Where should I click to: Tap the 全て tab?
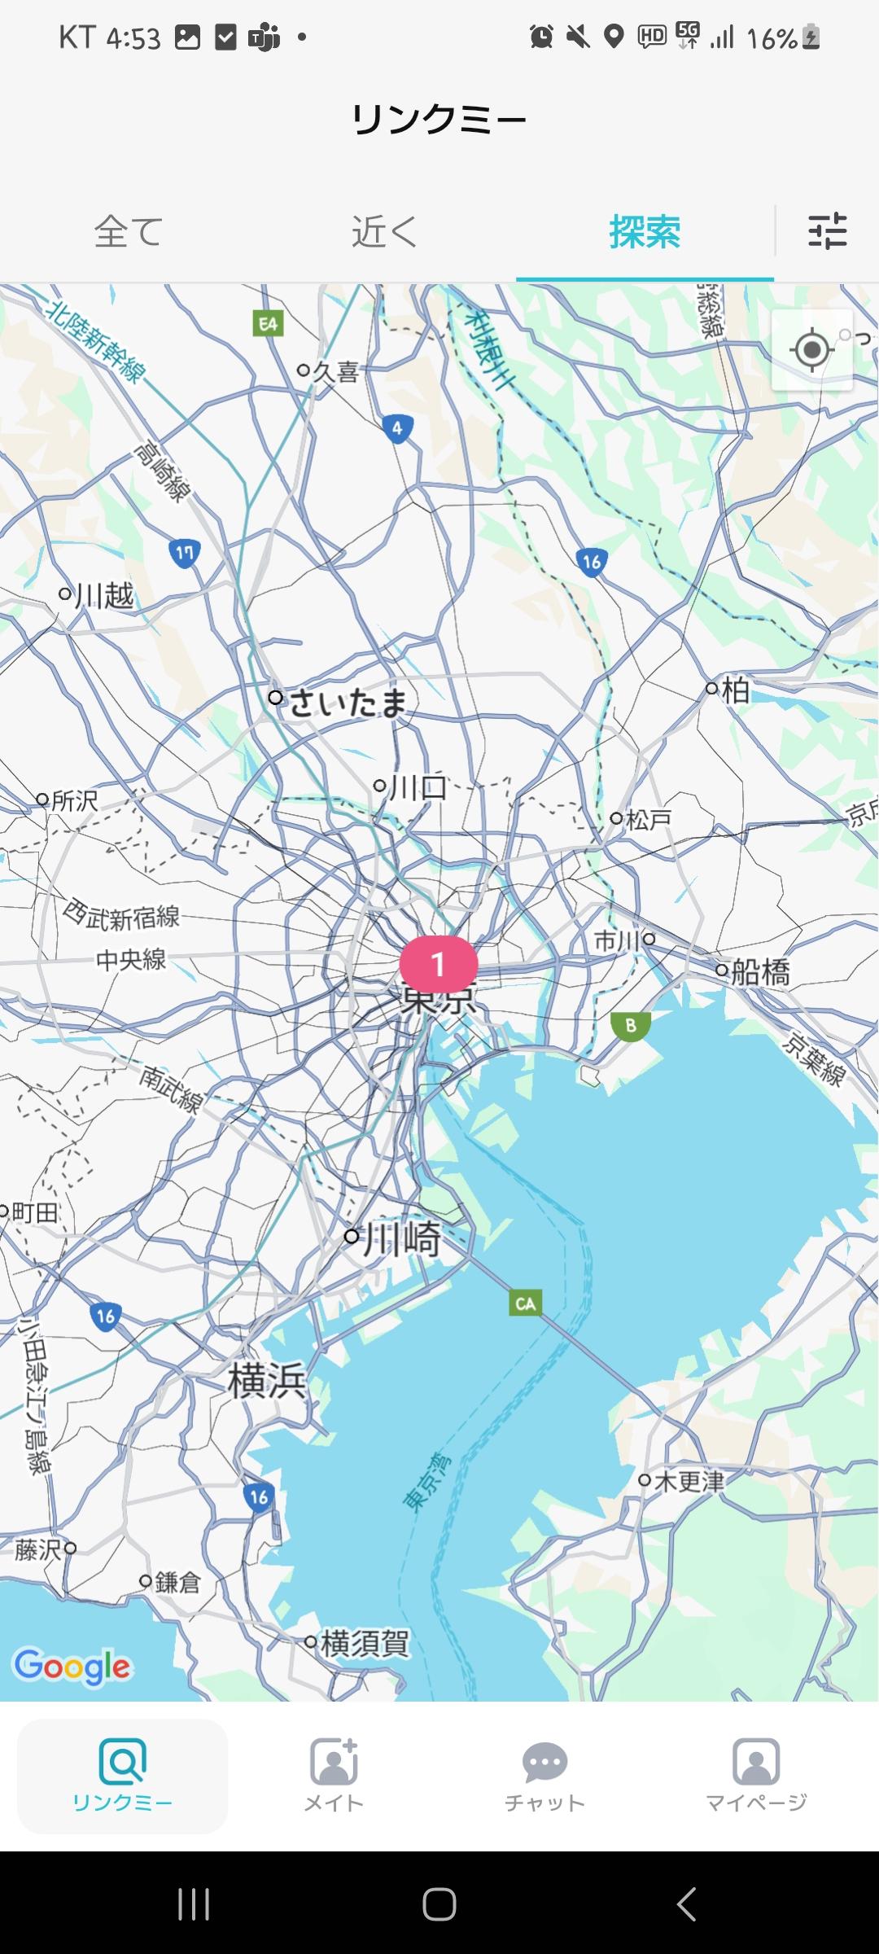129,232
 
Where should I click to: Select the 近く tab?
384,232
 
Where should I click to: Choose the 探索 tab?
645,232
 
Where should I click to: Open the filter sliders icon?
827,231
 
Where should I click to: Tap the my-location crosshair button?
811,350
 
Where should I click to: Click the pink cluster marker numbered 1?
438,964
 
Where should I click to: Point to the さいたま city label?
347,703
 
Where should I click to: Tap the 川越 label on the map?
103,595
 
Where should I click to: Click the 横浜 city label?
266,1380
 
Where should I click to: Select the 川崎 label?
400,1238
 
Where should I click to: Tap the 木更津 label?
688,1481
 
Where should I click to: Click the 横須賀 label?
365,1642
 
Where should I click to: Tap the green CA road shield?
525,1303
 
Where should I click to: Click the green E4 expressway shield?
268,324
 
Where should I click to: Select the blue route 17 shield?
185,554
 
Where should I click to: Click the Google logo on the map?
72,1667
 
